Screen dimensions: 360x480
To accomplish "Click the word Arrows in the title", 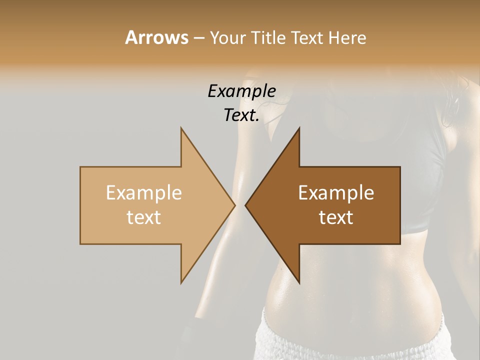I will [156, 37].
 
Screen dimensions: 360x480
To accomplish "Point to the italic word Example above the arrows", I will [241, 91].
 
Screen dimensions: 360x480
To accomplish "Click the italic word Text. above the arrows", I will [241, 115].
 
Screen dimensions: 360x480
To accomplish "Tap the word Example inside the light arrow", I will [144, 192].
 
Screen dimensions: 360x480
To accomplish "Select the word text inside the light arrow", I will [144, 217].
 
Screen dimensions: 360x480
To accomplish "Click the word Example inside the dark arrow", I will [336, 192].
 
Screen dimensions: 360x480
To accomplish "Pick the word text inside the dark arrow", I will [336, 217].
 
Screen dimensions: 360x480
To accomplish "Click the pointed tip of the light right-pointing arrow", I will [234, 205].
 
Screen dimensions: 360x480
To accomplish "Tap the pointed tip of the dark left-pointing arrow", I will [245, 205].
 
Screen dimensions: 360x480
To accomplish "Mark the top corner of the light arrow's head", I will [181, 128].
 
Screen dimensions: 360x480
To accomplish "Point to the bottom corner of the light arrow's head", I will [181, 282].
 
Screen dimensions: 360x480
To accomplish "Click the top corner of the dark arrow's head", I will [299, 128].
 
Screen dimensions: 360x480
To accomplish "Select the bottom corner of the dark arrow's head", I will [299, 282].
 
